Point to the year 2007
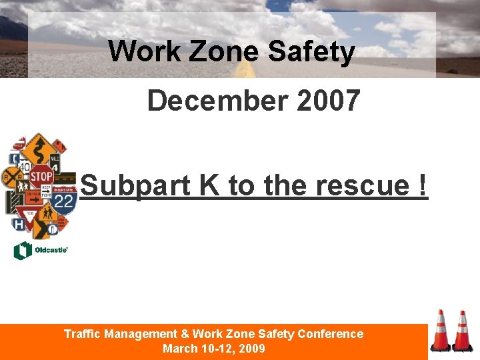tap(329, 101)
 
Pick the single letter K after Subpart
tap(210, 186)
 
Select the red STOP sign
tap(41, 177)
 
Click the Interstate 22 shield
tap(65, 201)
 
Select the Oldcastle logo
tap(40, 251)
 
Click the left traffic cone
tap(440, 331)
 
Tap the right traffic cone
tap(461, 331)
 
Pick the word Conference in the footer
tap(331, 334)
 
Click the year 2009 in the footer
tap(253, 349)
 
